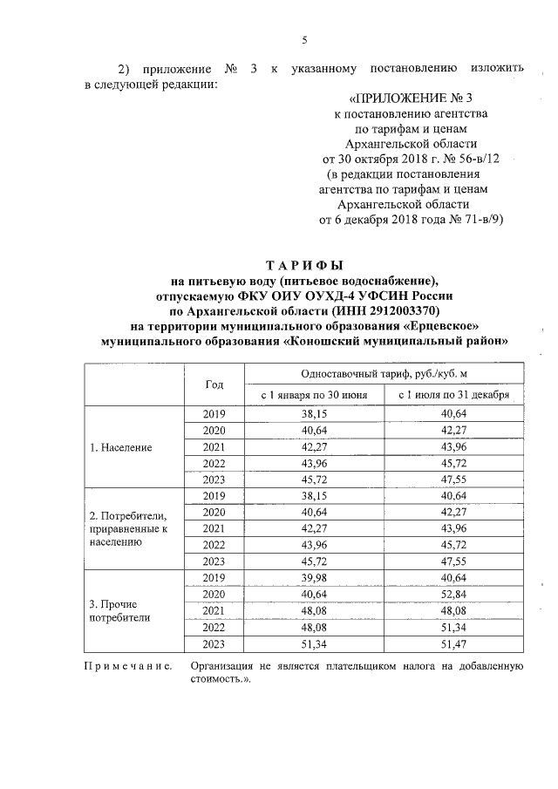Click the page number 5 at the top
pyautogui.click(x=305, y=39)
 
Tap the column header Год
pyautogui.click(x=214, y=384)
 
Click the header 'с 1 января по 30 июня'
pyautogui.click(x=315, y=395)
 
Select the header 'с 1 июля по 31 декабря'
pyautogui.click(x=453, y=395)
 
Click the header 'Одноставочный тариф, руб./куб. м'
pyautogui.click(x=384, y=372)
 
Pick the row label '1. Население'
pyautogui.click(x=122, y=447)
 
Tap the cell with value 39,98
pyautogui.click(x=315, y=578)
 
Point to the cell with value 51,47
pyautogui.click(x=453, y=643)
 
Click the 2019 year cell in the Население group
pyautogui.click(x=214, y=415)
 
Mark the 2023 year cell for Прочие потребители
pyautogui.click(x=214, y=643)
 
